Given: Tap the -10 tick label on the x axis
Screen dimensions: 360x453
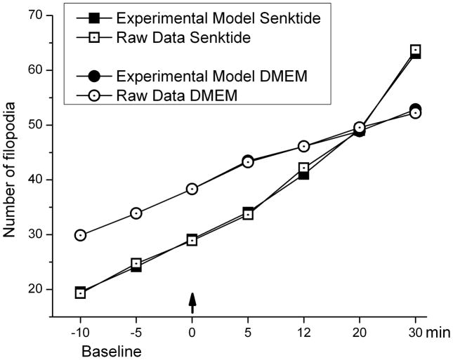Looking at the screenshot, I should click(x=80, y=332).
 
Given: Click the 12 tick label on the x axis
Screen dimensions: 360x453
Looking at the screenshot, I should click(x=303, y=332).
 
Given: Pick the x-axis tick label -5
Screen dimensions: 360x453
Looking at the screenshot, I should click(x=136, y=332).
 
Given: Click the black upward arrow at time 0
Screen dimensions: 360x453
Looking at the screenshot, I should click(x=192, y=303).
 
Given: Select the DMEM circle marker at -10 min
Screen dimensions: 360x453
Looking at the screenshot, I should click(x=80, y=235).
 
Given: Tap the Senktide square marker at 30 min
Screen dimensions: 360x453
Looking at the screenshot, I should click(x=415, y=51).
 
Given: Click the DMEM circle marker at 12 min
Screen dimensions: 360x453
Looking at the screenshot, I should click(x=303, y=146).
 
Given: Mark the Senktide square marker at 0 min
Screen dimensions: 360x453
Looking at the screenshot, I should click(x=192, y=240).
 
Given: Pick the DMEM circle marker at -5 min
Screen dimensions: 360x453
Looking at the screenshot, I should click(x=136, y=213).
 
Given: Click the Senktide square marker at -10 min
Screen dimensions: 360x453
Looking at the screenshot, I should click(x=80, y=293).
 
